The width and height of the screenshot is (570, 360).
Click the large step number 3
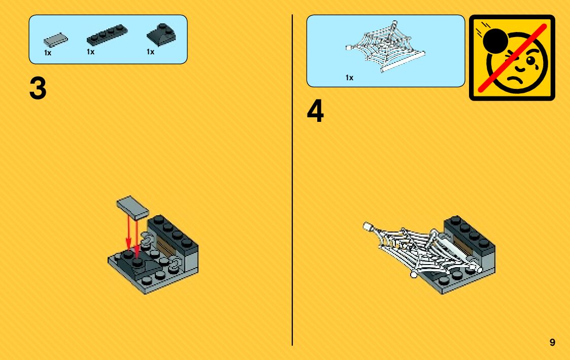[38, 89]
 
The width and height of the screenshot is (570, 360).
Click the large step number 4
[315, 112]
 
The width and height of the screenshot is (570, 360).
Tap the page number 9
[552, 342]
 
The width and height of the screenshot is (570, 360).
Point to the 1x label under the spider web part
[349, 78]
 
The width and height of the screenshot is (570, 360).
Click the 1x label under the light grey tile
[48, 53]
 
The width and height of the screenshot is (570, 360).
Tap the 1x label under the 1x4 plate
[90, 52]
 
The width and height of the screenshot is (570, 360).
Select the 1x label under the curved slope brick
[150, 52]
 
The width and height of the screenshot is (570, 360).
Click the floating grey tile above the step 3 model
[132, 207]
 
